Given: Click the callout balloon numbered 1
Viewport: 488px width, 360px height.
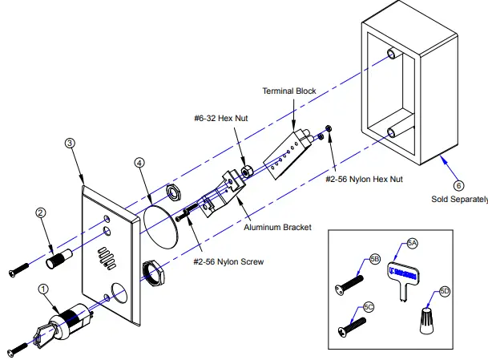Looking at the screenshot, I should click(43, 287).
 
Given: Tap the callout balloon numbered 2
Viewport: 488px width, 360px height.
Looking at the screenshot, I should click(41, 213).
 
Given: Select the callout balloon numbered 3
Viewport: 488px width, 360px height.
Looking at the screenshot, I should click(70, 143).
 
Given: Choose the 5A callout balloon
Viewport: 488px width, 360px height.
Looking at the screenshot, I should click(413, 242).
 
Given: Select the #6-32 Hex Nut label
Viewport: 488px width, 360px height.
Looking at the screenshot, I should click(220, 118).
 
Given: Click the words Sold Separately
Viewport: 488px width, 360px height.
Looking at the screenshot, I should click(458, 197).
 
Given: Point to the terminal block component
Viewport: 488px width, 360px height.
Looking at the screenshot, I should click(284, 155).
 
